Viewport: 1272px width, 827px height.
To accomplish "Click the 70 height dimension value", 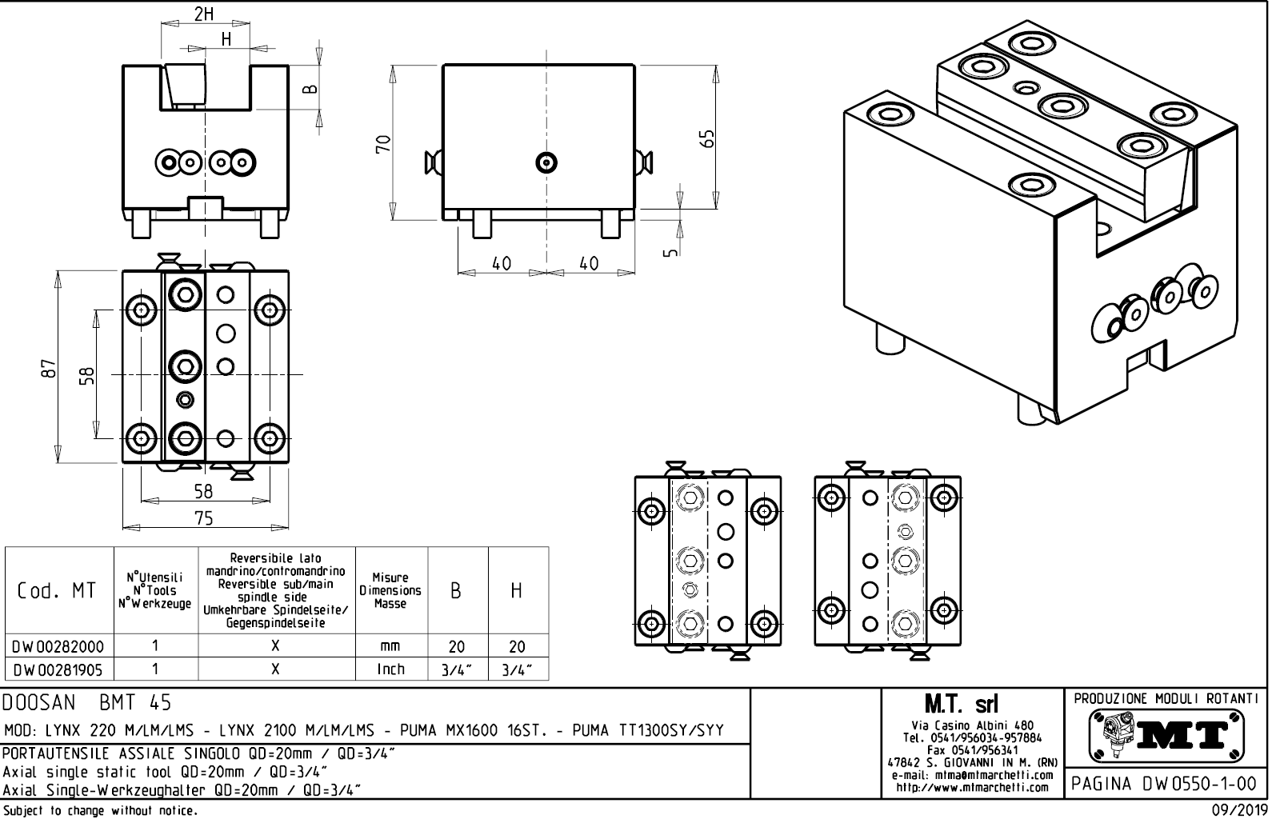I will pos(384,144).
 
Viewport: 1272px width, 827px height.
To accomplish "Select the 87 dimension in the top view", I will pos(50,368).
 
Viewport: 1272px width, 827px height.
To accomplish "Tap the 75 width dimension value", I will pos(204,518).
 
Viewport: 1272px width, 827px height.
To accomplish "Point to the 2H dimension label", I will pos(204,14).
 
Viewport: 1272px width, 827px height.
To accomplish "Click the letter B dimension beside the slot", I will pos(311,89).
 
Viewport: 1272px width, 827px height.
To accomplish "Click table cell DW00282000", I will pos(58,646).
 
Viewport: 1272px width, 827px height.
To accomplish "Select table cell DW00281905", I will pos(58,669).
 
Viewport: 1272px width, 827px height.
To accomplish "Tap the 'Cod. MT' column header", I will pos(58,591).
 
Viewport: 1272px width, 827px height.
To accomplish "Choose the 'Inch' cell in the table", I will pos(391,669).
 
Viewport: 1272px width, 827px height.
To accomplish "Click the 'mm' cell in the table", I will pos(391,646).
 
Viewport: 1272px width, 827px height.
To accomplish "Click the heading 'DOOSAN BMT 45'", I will pos(87,703).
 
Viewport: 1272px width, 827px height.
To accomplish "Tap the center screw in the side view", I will pos(547,163).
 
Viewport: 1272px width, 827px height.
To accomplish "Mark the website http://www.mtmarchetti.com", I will pos(973,788).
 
